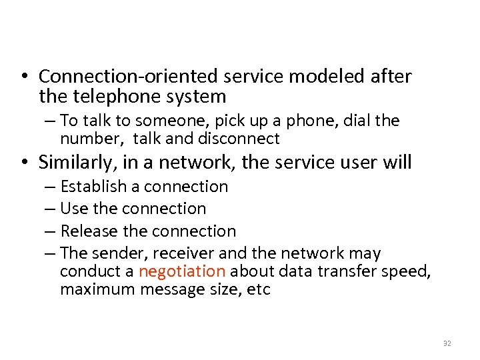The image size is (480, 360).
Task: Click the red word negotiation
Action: point(182,271)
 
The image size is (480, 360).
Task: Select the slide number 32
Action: point(447,343)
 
